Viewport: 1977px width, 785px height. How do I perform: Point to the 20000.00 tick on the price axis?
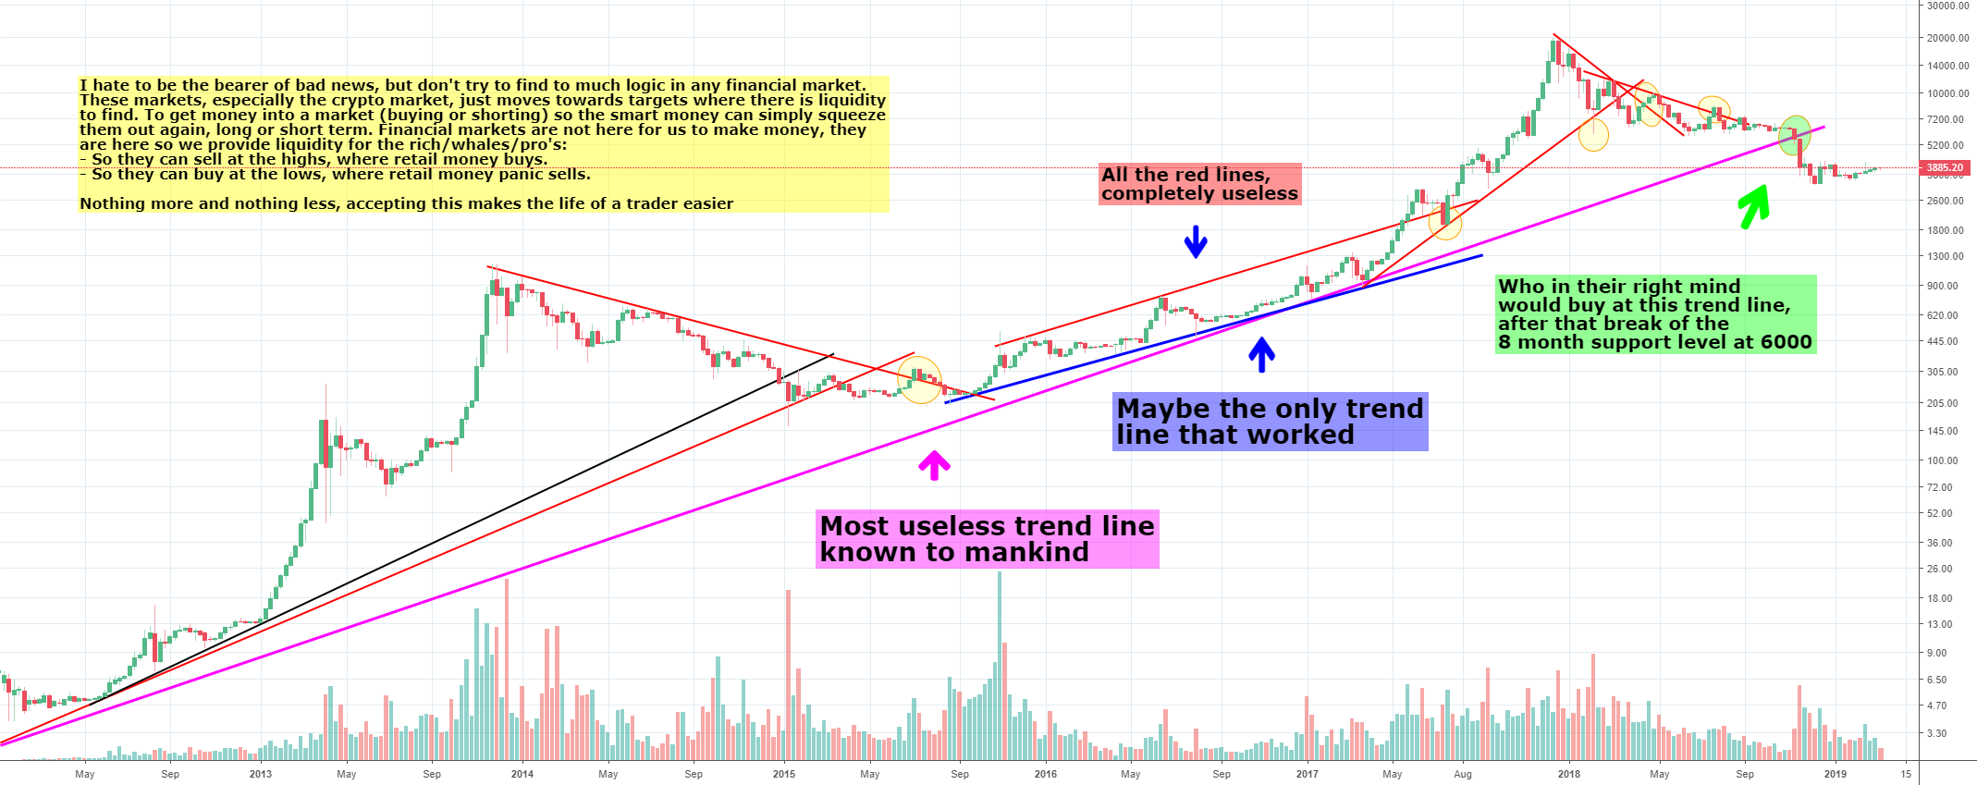1947,38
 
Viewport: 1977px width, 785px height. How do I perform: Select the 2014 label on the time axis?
522,774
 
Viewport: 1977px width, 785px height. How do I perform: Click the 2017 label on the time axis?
1307,774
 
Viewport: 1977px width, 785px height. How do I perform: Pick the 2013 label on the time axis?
261,774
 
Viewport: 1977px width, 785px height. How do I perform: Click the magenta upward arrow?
934,464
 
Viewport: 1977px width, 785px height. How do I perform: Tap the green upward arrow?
1754,206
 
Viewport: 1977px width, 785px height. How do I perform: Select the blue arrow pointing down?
1196,241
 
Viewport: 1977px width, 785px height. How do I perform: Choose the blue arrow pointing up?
1261,354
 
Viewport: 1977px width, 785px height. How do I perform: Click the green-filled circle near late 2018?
1795,135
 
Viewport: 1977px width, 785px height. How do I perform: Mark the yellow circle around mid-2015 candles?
920,381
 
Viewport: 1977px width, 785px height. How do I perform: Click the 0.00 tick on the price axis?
1947,6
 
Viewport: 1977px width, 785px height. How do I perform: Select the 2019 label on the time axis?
1835,774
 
